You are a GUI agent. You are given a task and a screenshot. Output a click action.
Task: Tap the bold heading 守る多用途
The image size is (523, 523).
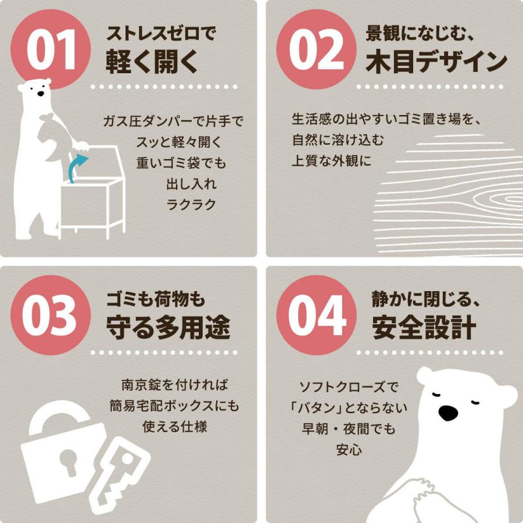pos(168,328)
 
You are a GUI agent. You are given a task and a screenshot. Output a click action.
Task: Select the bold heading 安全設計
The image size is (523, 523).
pos(424,328)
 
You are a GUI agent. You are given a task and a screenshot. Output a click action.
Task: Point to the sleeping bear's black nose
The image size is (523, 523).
pos(447,413)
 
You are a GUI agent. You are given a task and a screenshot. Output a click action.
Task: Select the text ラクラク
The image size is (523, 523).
pos(191,204)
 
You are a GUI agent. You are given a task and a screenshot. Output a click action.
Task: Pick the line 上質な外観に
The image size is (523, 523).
pos(331,160)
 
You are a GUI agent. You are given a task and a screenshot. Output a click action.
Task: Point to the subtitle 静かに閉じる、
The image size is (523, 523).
pos(425,299)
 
